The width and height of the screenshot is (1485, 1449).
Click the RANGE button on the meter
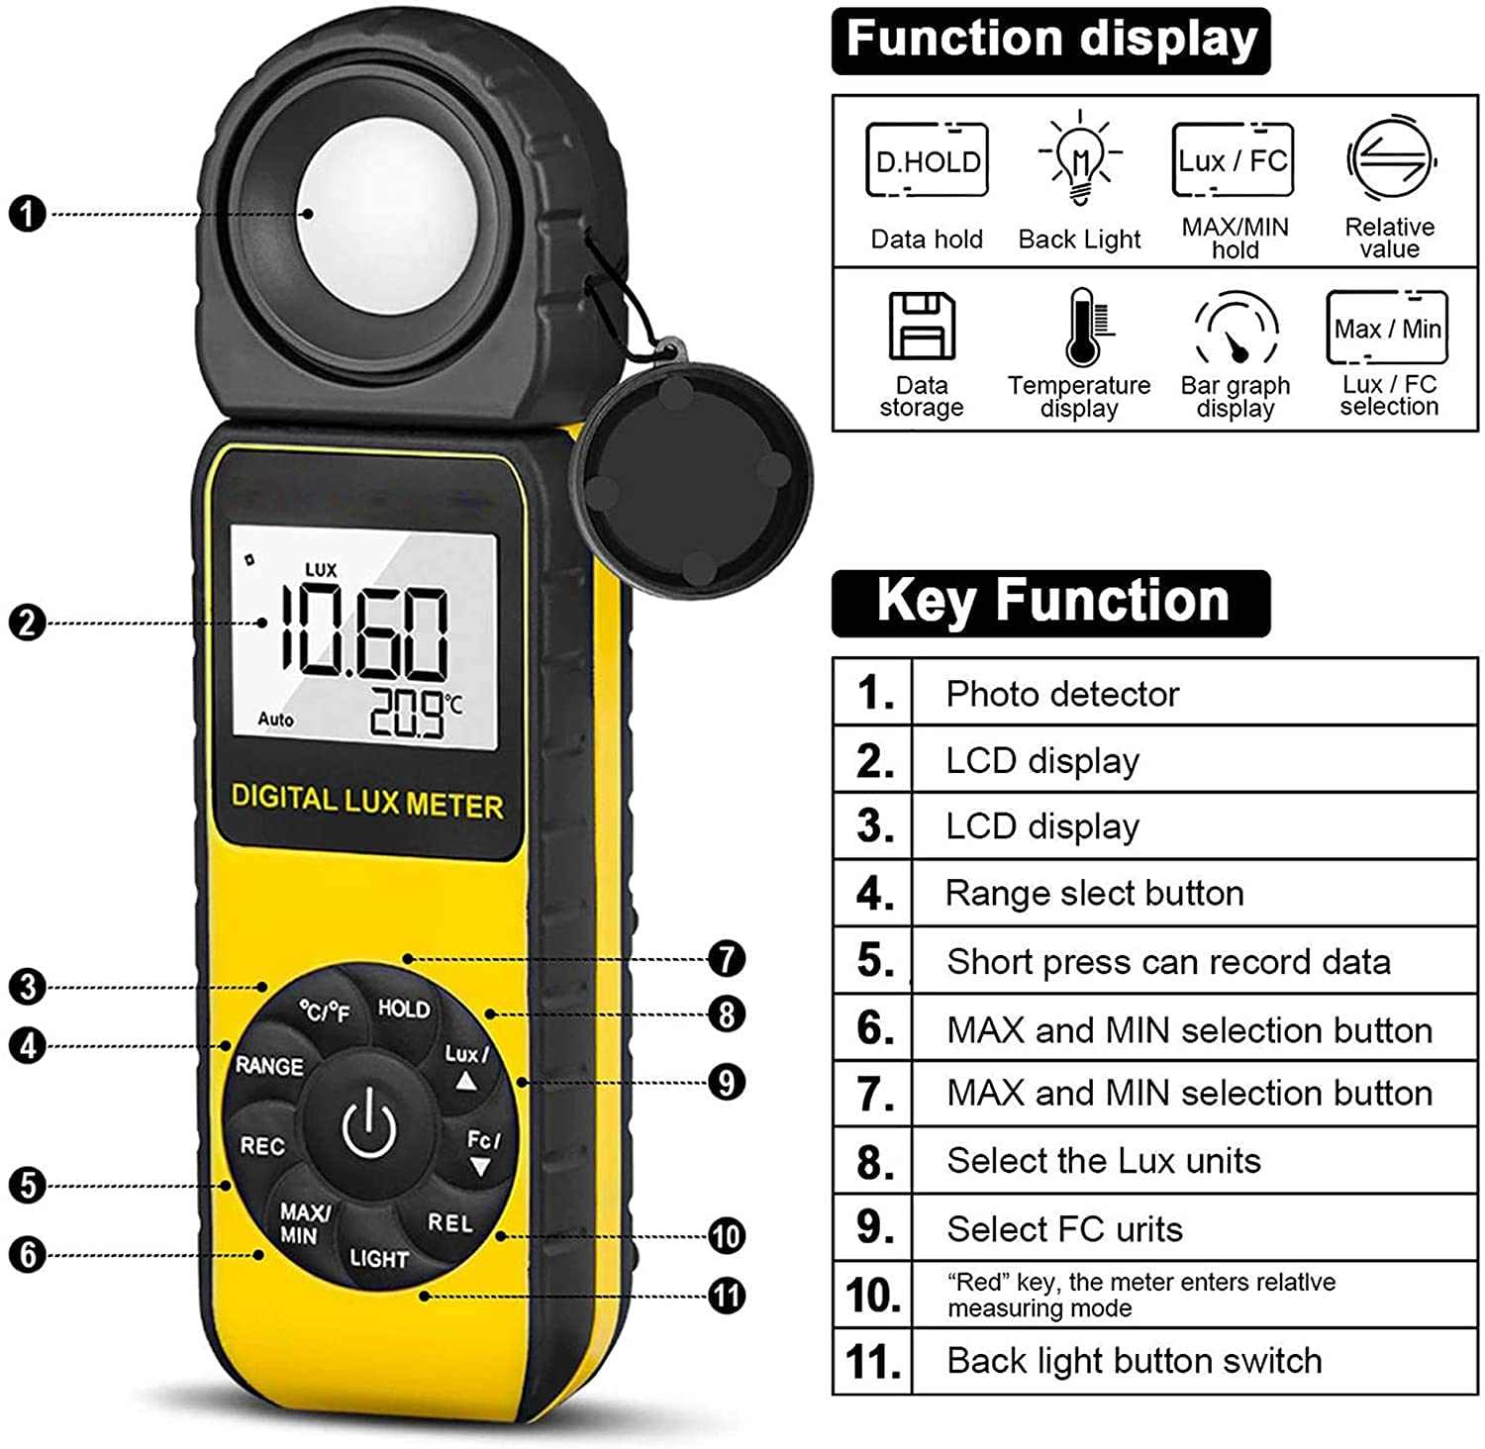269,1066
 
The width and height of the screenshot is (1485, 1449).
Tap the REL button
450,1223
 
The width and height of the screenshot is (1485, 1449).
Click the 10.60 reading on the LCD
364,634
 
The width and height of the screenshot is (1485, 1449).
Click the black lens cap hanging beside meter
690,479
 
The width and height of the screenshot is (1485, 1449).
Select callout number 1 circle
28,214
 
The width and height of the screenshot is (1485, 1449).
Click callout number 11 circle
727,1296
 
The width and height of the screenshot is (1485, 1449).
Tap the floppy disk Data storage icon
922,327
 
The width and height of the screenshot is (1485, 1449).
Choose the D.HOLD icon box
927,160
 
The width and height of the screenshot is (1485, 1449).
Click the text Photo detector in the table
1062,694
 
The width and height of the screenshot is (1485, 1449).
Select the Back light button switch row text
1134,1361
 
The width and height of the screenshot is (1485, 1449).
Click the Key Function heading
1051,602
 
